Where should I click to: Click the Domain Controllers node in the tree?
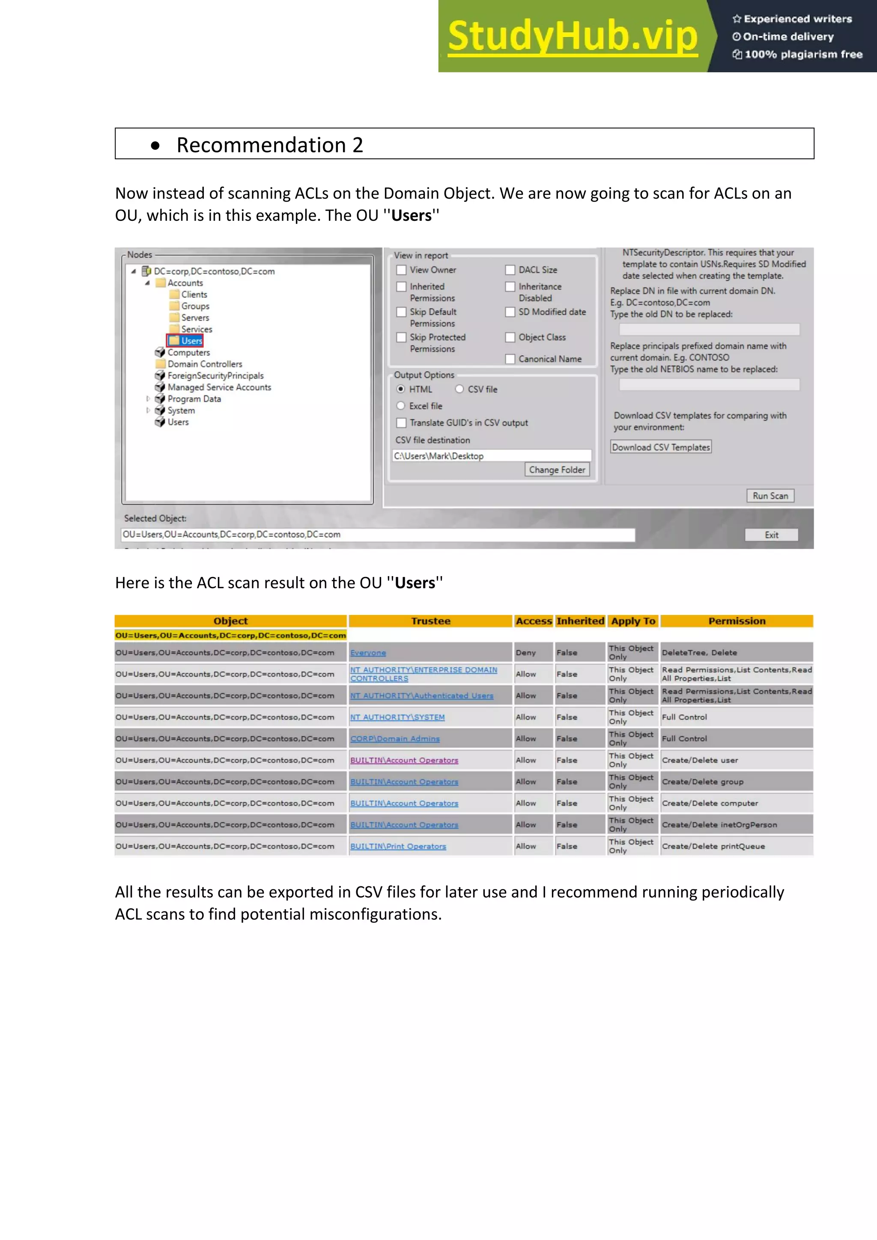coord(204,364)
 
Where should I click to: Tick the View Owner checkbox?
coord(402,270)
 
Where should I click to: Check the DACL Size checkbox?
coord(510,270)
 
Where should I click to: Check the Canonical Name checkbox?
coord(510,359)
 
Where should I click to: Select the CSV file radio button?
coord(459,390)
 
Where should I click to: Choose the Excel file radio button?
coord(401,406)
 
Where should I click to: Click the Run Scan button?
coord(770,496)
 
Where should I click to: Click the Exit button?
coord(771,535)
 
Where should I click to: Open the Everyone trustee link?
coord(368,653)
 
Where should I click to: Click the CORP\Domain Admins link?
coord(395,739)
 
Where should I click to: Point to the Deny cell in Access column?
coord(526,653)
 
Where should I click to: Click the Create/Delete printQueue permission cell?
coord(713,846)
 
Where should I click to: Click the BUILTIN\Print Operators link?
coord(398,846)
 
